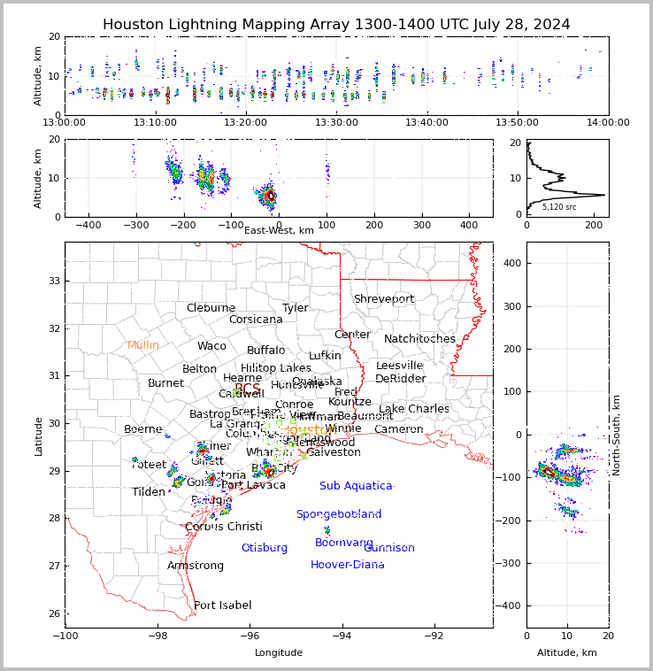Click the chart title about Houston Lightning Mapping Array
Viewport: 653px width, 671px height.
tap(336, 25)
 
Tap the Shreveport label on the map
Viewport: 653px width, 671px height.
tap(384, 299)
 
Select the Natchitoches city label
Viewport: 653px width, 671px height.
tap(419, 339)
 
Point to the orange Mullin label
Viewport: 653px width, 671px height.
tap(143, 345)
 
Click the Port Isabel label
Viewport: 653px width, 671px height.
tap(222, 605)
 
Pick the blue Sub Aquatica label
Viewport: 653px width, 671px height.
tap(356, 486)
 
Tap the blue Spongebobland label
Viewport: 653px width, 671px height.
tap(339, 514)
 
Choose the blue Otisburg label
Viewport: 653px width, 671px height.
tap(265, 548)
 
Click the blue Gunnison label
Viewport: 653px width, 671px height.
tap(389, 548)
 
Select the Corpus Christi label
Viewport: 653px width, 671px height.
tap(224, 527)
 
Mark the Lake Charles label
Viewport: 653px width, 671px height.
tap(414, 409)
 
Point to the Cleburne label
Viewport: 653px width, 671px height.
tap(211, 308)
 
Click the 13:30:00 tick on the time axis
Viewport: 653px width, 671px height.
tap(337, 122)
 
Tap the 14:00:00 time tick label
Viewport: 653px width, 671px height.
tap(608, 122)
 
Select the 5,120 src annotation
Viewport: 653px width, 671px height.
tap(559, 207)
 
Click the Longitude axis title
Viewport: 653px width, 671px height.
tap(279, 653)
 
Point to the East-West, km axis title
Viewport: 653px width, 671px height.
tap(279, 230)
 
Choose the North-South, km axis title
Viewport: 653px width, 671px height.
tap(617, 435)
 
